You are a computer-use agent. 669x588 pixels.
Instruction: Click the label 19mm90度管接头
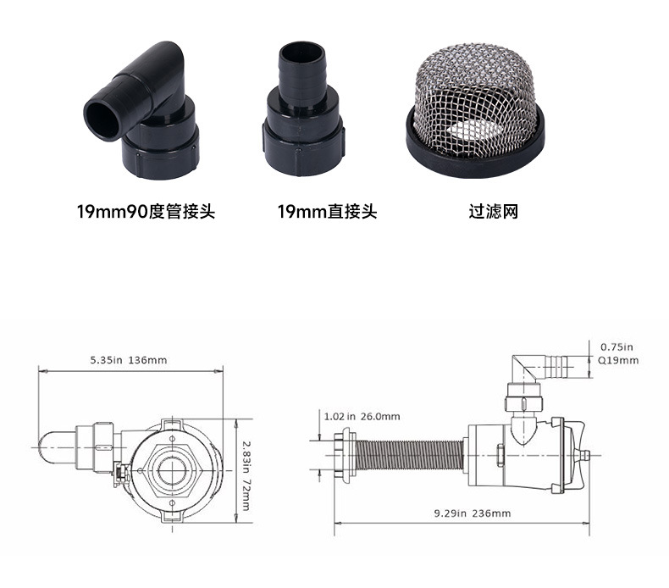tap(146, 211)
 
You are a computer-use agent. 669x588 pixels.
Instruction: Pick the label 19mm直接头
tap(327, 211)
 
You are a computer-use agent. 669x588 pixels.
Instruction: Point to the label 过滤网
tap(494, 211)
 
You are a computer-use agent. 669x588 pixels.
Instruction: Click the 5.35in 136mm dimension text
tap(129, 360)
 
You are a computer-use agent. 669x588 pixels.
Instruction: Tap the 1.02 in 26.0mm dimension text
tap(362, 416)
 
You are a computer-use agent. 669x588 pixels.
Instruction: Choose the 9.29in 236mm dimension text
tap(473, 513)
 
